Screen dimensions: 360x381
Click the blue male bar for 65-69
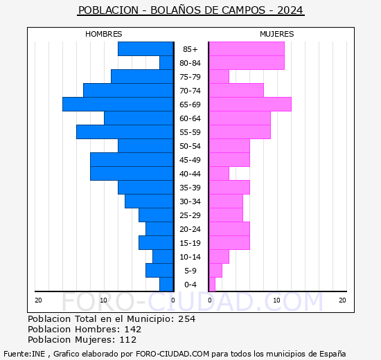pos(118,104)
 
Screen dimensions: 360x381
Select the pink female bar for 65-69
pos(249,104)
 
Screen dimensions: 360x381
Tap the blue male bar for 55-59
pos(125,132)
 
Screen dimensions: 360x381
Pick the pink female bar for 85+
pos(246,48)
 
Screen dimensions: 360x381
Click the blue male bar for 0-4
pos(166,285)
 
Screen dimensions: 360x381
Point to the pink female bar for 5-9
pos(215,270)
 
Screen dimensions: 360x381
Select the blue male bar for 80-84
pos(166,62)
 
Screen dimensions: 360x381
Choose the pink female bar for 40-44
pos(218,173)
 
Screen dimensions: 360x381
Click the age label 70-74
pos(190,91)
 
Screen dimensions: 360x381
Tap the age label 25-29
pos(190,215)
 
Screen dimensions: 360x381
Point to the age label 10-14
pos(190,257)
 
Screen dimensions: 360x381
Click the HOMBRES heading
pos(103,34)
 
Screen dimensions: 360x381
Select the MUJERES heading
pos(276,34)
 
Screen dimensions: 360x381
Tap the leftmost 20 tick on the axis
pos(38,300)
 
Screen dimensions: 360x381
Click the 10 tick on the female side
pos(276,300)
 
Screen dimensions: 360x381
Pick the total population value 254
pos(186,318)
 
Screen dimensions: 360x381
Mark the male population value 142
pos(131,329)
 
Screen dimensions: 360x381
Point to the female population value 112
pos(127,339)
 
